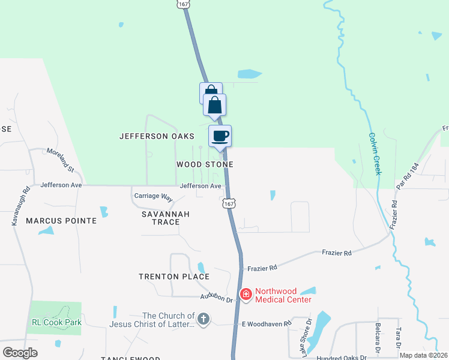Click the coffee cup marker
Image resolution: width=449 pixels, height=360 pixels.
tap(220, 136)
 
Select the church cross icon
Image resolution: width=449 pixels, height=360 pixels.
tap(203, 319)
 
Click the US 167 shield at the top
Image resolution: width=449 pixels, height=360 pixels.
tap(183, 4)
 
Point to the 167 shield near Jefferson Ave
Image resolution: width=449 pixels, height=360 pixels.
tap(229, 204)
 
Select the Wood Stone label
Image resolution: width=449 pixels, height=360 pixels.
tap(205, 164)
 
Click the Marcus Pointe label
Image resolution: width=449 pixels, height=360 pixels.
tap(61, 221)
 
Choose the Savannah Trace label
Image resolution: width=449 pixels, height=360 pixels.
tap(166, 218)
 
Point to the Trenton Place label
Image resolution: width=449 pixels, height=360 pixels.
tap(174, 277)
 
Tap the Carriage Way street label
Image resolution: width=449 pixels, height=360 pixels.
tap(153, 196)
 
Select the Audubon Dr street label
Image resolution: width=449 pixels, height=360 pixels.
tap(216, 298)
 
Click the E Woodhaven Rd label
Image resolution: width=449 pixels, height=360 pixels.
tap(266, 323)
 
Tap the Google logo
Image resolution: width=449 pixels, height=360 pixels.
tap(20, 353)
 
